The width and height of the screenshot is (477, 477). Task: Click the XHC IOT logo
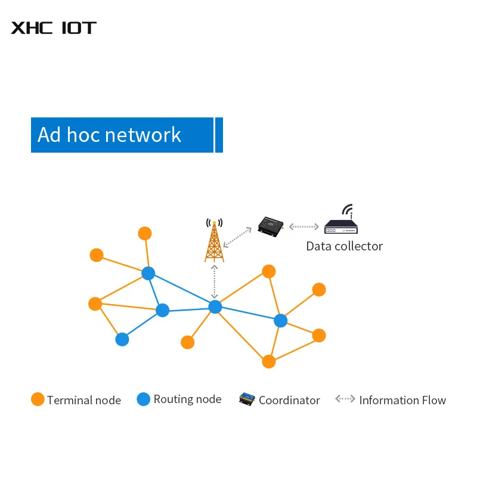54,27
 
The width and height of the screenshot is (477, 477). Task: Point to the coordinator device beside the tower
271,226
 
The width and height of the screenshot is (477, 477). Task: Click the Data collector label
344,246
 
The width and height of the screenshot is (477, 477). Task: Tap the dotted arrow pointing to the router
304,227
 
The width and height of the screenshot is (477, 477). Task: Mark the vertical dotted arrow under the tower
215,281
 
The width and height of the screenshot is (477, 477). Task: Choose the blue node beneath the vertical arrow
215,306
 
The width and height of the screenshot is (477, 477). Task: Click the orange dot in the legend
38,399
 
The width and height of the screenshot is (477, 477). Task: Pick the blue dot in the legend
144,399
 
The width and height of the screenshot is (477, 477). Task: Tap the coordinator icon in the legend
247,399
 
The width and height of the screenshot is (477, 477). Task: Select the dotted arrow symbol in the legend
345,399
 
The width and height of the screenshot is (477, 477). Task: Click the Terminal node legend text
84,400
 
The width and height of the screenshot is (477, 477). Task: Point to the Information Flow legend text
402,400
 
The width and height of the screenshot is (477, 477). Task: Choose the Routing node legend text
187,399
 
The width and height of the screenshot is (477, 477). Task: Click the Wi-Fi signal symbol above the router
348,210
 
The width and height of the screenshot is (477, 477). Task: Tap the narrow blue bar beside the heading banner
219,135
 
